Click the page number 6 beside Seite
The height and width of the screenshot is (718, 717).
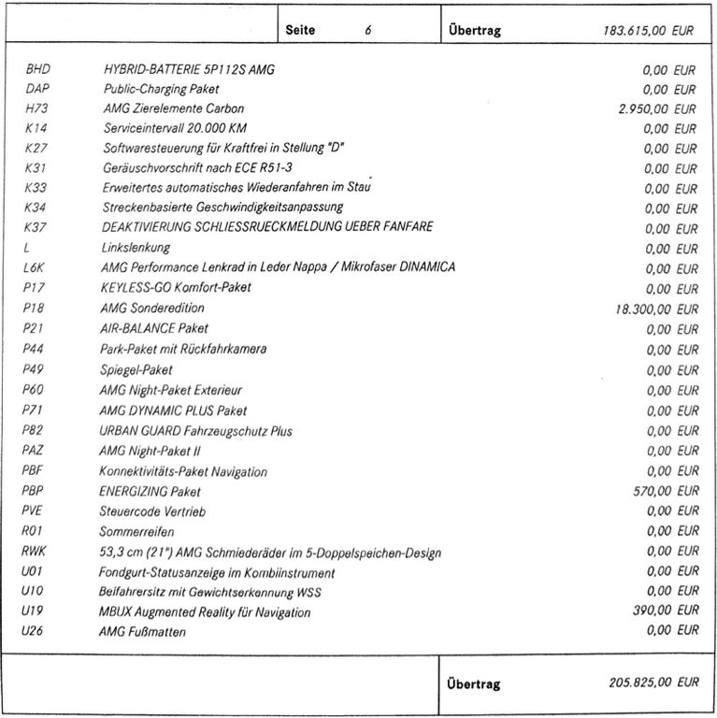pos(368,30)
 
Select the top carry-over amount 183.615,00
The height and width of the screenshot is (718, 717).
pos(635,30)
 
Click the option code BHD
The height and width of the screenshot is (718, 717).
pos(39,69)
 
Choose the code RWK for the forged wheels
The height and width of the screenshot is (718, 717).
pos(35,552)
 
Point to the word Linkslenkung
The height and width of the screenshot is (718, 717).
pos(136,249)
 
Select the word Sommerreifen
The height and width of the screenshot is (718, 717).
pos(136,532)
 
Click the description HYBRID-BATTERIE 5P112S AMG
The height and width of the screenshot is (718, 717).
pos(189,69)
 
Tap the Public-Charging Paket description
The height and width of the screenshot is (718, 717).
pos(161,89)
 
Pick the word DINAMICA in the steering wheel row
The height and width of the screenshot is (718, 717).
pos(426,268)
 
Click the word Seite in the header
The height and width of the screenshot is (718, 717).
pos(301,30)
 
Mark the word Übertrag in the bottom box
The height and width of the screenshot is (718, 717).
pos(474,683)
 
